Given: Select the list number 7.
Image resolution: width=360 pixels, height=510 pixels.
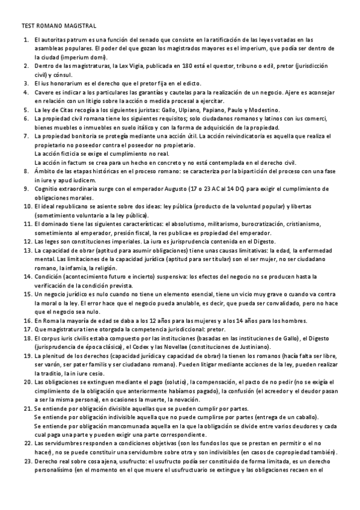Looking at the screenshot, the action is pyautogui.click(x=26, y=137).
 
